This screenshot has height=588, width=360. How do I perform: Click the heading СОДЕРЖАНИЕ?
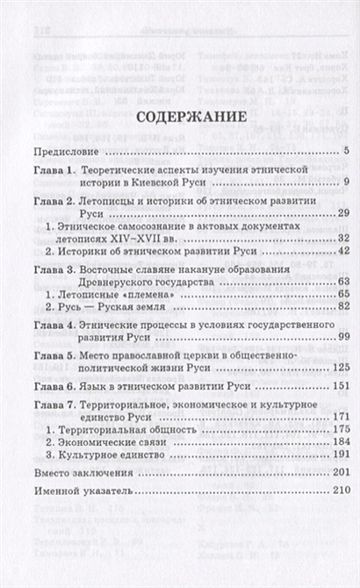[x=180, y=141]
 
